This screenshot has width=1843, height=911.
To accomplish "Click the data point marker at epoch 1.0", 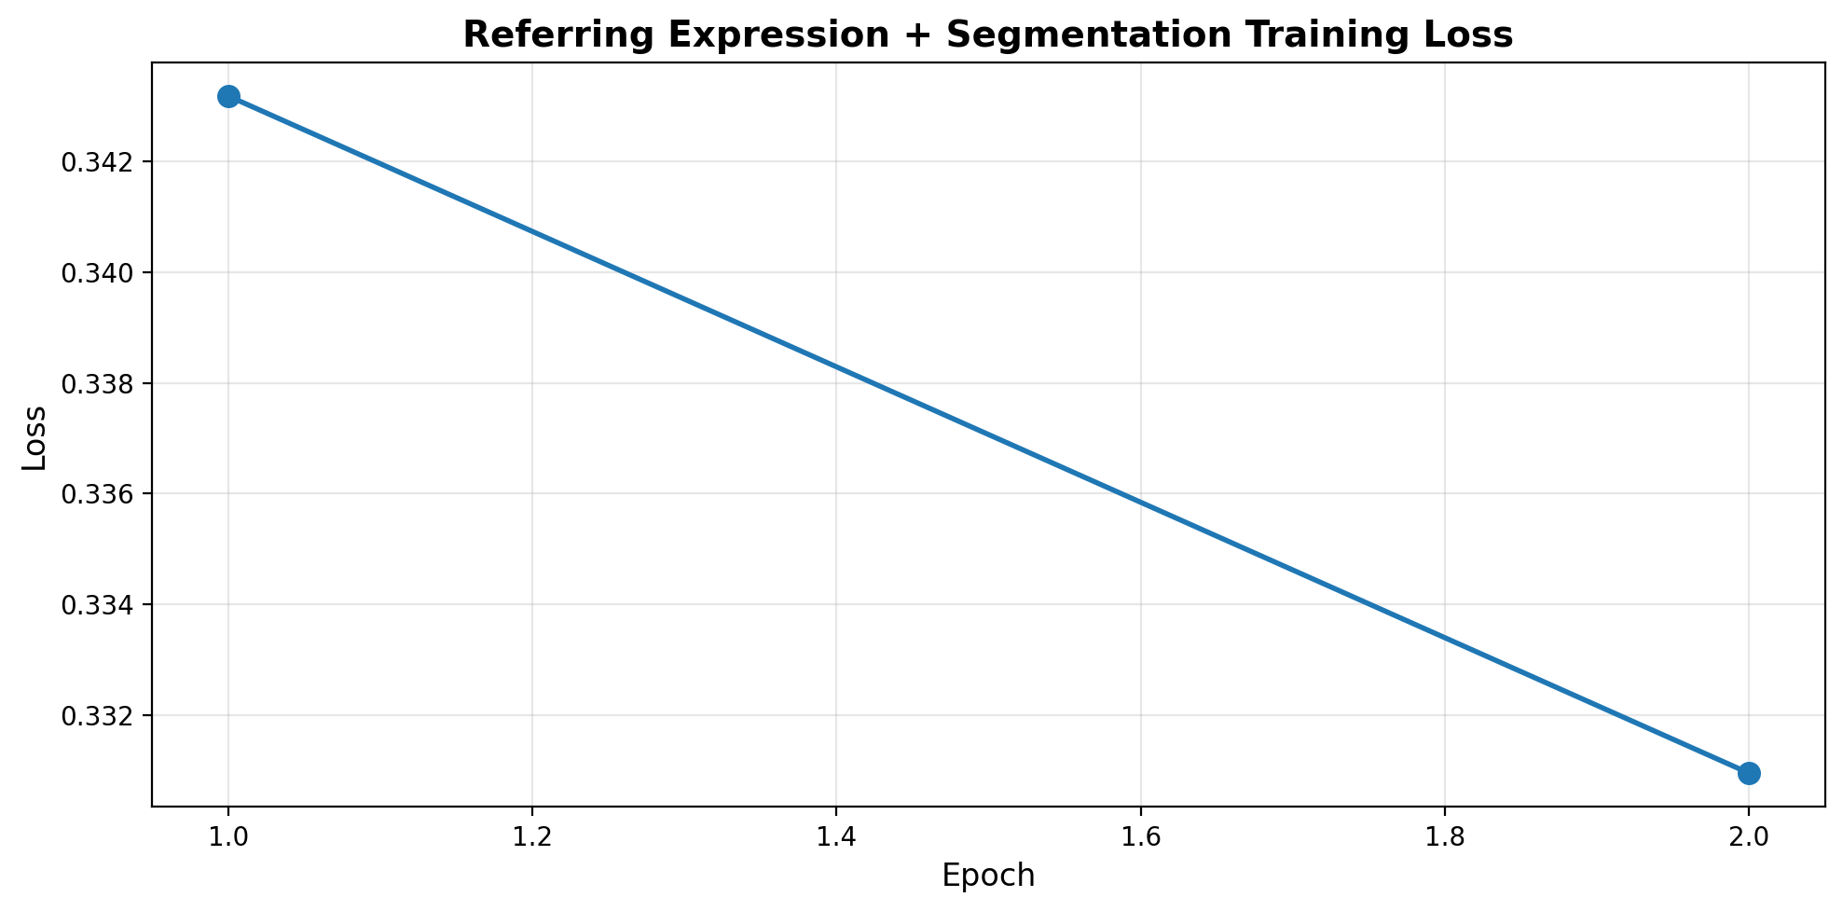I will (228, 96).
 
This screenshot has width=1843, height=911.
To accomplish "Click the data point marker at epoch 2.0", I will (1748, 772).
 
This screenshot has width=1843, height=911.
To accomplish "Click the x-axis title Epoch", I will (988, 876).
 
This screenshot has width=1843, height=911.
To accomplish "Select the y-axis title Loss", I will (34, 437).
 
